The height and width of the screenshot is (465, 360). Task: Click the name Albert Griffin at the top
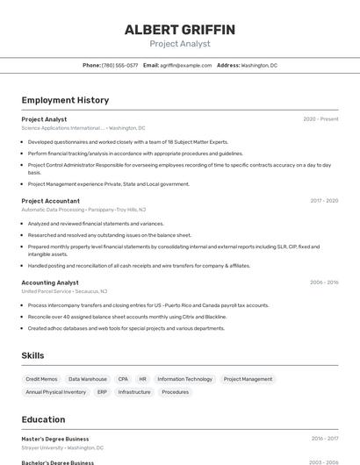(x=180, y=30)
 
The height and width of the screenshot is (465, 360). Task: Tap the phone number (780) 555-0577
(x=120, y=65)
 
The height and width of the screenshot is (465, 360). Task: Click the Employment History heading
(x=65, y=100)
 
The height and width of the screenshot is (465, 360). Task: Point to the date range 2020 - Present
(x=320, y=118)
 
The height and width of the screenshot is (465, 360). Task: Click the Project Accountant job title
(x=51, y=200)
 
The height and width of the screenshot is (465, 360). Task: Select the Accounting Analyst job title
(x=50, y=283)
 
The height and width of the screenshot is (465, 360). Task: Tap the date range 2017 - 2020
(x=324, y=200)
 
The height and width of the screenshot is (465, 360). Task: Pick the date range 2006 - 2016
(x=324, y=283)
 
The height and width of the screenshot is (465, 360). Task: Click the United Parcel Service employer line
(x=64, y=291)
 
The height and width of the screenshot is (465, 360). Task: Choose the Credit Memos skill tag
(x=41, y=379)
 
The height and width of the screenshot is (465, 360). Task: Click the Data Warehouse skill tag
(x=88, y=379)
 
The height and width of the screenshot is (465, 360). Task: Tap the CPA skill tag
(x=123, y=379)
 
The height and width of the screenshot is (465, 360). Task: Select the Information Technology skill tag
(x=184, y=379)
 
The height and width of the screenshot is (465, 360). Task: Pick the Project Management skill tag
(x=248, y=379)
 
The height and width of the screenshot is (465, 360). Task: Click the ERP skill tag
(x=102, y=392)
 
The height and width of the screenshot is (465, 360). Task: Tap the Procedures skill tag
(x=175, y=392)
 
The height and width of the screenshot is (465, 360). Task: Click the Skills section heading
(x=33, y=355)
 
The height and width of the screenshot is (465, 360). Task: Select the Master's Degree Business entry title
(x=55, y=439)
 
